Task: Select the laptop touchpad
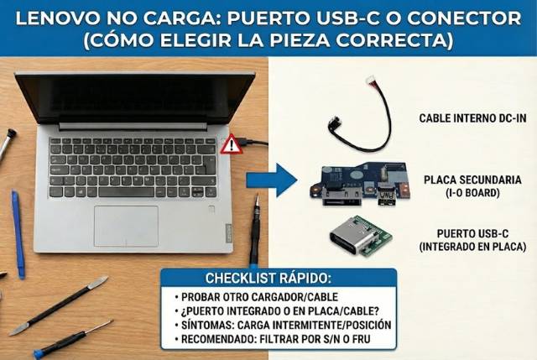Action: coord(126,225)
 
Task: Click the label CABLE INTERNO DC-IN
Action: coord(473,118)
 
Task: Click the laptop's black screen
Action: coord(134,99)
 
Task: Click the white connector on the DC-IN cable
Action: coord(370,81)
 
